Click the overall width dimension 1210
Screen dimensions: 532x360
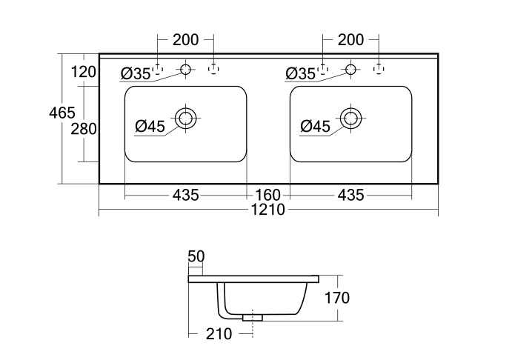(x=268, y=210)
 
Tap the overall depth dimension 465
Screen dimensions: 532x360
(x=62, y=113)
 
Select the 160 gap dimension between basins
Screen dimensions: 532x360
(x=268, y=195)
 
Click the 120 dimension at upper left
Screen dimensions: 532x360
(x=84, y=72)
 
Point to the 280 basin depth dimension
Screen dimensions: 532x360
(x=84, y=129)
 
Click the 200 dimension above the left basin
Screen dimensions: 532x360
(x=185, y=40)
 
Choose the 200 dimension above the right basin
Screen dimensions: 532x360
(x=350, y=40)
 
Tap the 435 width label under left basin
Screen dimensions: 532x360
(x=185, y=195)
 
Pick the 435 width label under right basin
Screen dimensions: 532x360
(x=350, y=195)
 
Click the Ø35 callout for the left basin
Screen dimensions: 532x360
(x=136, y=73)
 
